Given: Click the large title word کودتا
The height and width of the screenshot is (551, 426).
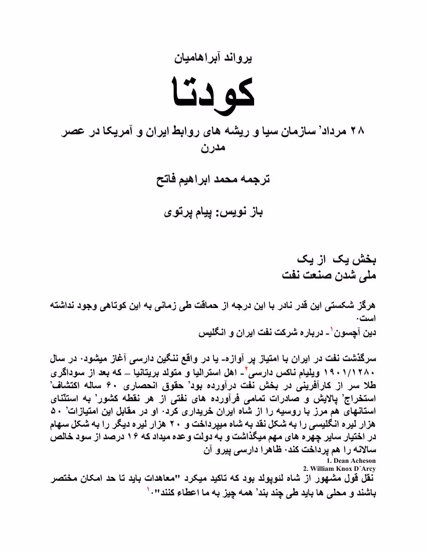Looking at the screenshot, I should click(212, 93).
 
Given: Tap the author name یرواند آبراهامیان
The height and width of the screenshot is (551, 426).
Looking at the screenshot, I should click(212, 58).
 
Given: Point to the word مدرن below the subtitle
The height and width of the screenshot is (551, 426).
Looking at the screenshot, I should click(212, 149).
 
